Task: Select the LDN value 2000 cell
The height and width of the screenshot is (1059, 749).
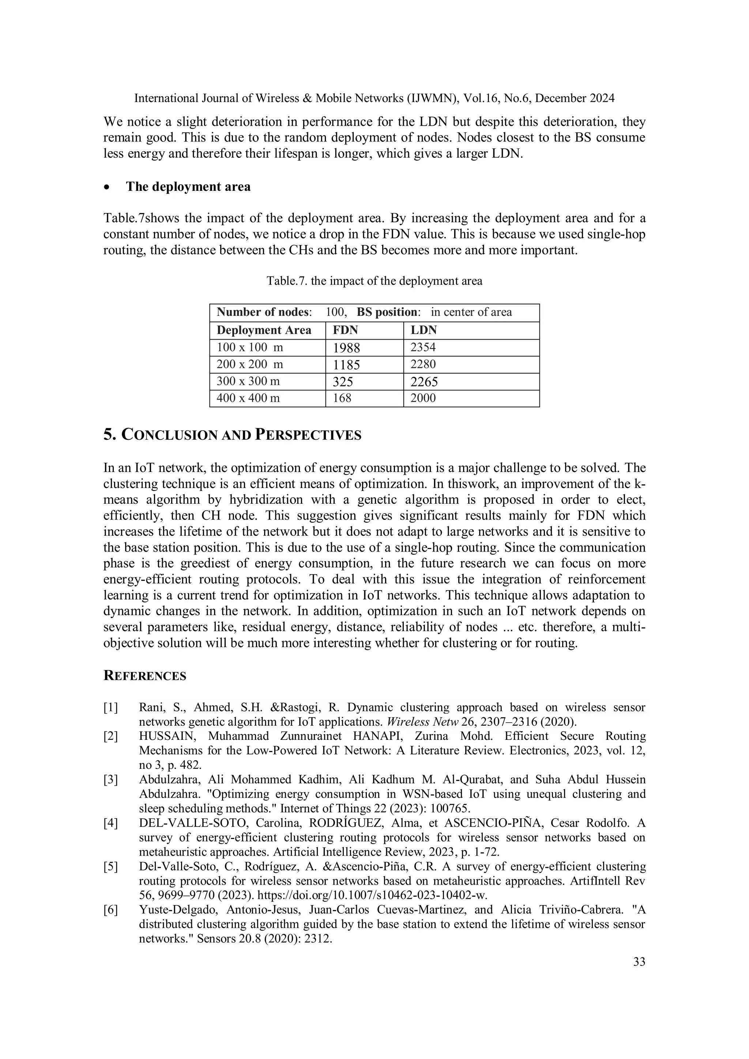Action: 423,398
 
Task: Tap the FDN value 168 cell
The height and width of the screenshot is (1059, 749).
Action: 342,398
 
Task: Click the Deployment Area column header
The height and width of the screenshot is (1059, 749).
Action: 264,330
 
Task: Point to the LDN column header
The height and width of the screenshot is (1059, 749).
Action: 423,330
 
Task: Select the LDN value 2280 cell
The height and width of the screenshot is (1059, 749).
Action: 423,364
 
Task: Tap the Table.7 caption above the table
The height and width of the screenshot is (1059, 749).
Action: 374,281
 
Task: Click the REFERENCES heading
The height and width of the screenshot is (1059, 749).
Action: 144,676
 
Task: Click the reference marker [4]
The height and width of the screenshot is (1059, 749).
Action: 111,823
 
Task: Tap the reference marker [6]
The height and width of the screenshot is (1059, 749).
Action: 111,910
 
